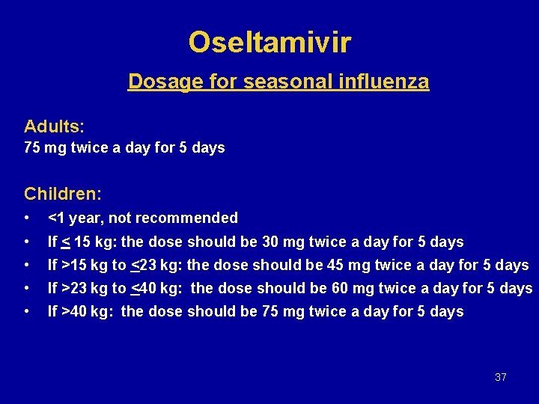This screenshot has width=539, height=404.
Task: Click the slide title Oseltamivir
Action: (x=269, y=43)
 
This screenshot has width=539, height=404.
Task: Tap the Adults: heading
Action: (x=54, y=125)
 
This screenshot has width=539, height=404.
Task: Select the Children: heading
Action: (x=63, y=194)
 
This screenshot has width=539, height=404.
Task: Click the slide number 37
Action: (x=501, y=377)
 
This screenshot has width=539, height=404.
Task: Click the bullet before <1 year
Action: (x=27, y=218)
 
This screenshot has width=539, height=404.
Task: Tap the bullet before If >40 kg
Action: (x=27, y=311)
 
